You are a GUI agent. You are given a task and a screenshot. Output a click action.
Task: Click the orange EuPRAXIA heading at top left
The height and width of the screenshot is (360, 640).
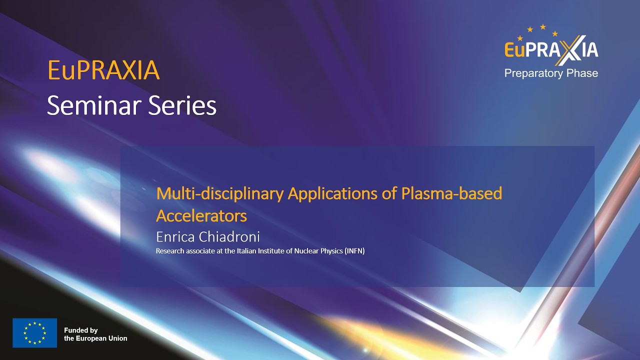103,70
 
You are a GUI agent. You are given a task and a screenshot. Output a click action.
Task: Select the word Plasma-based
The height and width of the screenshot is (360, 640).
451,193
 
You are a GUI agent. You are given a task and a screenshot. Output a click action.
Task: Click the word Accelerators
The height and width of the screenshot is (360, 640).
201,215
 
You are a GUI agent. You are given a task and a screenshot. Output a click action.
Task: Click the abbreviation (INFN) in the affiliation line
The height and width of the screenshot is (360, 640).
354,251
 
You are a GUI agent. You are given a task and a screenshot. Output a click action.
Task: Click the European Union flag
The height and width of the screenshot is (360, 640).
34,333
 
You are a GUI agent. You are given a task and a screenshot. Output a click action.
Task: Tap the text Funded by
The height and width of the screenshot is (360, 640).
80,330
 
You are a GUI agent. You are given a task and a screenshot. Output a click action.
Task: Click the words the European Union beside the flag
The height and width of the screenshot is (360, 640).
95,338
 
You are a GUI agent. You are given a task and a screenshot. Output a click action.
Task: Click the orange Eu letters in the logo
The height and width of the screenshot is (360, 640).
515,49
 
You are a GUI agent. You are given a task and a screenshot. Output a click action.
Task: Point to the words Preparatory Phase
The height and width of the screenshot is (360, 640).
551,73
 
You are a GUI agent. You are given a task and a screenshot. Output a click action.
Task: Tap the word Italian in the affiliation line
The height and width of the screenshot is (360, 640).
242,251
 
